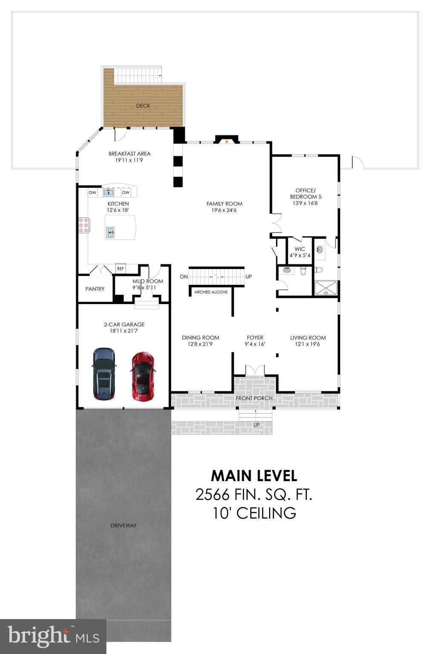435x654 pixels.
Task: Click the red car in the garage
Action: (x=143, y=376)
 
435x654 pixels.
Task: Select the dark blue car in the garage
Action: (x=104, y=374)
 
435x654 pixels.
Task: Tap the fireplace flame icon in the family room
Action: (x=227, y=141)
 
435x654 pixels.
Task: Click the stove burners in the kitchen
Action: (x=83, y=225)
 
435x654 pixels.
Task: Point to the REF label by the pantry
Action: (x=120, y=269)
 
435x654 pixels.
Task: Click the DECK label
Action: (x=143, y=106)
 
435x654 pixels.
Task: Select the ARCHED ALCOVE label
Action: (x=211, y=292)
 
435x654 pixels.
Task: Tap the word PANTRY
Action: (x=95, y=289)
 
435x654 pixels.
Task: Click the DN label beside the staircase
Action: (x=184, y=277)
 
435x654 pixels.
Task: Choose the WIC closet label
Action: (x=300, y=249)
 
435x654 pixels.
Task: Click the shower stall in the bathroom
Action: (x=326, y=288)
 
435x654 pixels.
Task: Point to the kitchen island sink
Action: (x=111, y=232)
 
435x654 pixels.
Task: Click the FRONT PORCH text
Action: (x=254, y=398)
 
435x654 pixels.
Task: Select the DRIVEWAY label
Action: (x=123, y=525)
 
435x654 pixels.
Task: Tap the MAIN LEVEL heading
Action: (x=254, y=475)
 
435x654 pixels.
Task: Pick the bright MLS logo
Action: (x=53, y=636)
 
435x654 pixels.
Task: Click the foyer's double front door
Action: (x=255, y=370)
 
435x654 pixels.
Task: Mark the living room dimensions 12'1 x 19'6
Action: (x=308, y=344)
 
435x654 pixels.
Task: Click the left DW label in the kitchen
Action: (x=92, y=193)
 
